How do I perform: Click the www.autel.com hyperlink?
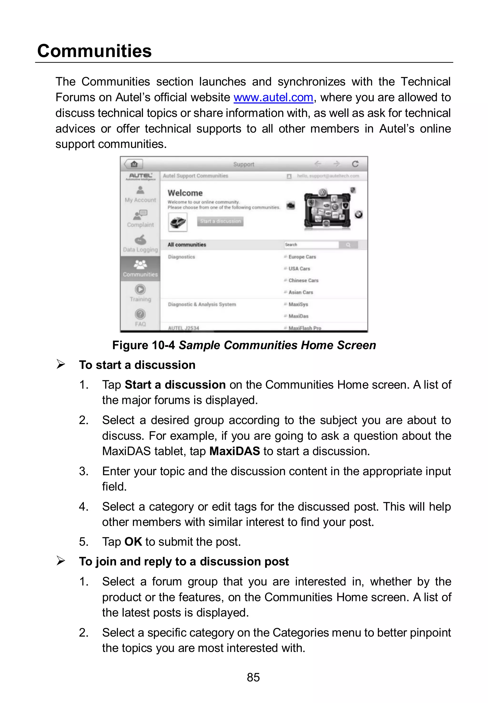pos(273,98)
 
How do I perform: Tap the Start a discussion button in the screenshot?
pos(220,221)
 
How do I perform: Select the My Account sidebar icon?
pos(140,191)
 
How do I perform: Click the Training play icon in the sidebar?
pos(140,289)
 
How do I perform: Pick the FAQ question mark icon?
pos(140,314)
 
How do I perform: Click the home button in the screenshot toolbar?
pos(134,164)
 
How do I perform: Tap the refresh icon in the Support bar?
pos(355,164)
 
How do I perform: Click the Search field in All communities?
pos(311,245)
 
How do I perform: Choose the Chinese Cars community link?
pos(303,280)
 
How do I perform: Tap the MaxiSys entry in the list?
pos(298,304)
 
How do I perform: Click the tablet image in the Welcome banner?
pos(327,209)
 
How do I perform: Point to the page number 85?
pos(253,677)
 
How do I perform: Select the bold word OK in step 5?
pos(133,542)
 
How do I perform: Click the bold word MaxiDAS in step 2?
pos(234,451)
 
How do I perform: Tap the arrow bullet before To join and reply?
pos(61,561)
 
